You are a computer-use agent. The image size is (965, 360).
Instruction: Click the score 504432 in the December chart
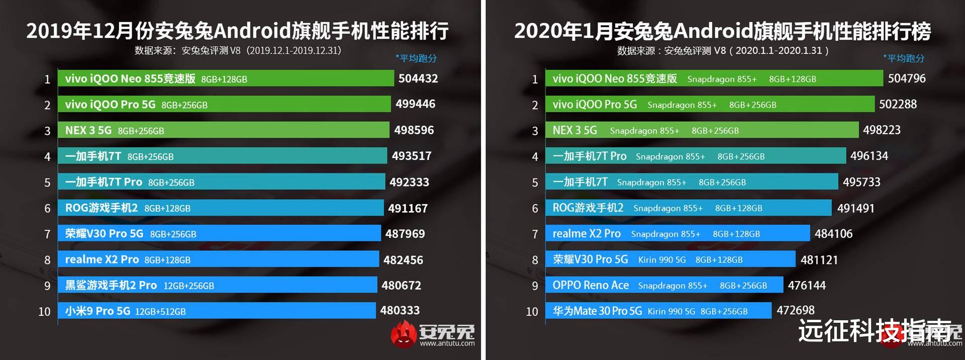click(x=418, y=78)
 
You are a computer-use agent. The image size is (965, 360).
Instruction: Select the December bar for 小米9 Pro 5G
click(x=217, y=311)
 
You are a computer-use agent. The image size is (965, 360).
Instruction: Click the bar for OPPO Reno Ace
click(x=664, y=285)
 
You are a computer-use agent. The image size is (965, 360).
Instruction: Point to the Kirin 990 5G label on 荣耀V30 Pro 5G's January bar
click(x=661, y=260)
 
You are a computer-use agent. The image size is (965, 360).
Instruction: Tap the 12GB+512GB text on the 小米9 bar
click(x=160, y=312)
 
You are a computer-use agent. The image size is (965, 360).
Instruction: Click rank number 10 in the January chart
click(x=532, y=312)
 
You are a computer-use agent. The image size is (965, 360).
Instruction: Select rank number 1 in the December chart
click(x=47, y=79)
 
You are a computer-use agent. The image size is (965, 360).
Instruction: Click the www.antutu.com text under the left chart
click(x=447, y=344)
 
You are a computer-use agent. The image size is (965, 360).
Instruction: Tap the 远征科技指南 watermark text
click(x=875, y=330)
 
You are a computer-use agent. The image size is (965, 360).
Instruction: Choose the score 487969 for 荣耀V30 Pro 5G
click(x=405, y=234)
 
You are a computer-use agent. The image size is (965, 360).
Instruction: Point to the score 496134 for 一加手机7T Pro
click(x=868, y=156)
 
